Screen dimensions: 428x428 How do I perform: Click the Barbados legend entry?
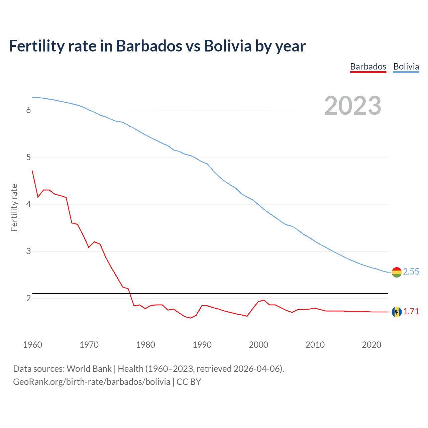[x=368, y=67]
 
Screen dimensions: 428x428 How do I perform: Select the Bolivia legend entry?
[x=406, y=67]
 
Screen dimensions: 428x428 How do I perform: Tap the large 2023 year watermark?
[x=353, y=106]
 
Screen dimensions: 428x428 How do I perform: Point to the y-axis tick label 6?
[x=28, y=110]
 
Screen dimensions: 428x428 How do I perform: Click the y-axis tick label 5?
[x=28, y=157]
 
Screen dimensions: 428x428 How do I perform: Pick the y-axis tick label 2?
[x=28, y=298]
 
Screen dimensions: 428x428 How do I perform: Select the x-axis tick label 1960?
[x=32, y=345]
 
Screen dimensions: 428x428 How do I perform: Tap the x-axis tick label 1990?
[x=202, y=345]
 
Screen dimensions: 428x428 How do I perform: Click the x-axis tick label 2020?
[x=371, y=345]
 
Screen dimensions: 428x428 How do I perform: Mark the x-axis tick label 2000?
[x=258, y=345]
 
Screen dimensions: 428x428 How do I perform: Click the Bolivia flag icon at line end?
[x=397, y=272]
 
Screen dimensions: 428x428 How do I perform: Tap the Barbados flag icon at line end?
[x=397, y=312]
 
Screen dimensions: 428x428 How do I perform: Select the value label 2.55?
[x=411, y=272]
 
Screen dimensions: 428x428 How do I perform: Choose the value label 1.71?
[x=411, y=312]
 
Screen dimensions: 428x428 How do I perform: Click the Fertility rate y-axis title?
[x=14, y=207]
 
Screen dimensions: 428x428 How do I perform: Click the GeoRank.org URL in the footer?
[x=92, y=382]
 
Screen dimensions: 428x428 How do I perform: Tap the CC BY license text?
[x=189, y=382]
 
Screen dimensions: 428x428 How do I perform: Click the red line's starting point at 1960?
[x=32, y=171]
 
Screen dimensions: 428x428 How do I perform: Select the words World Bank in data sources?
[x=89, y=369]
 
